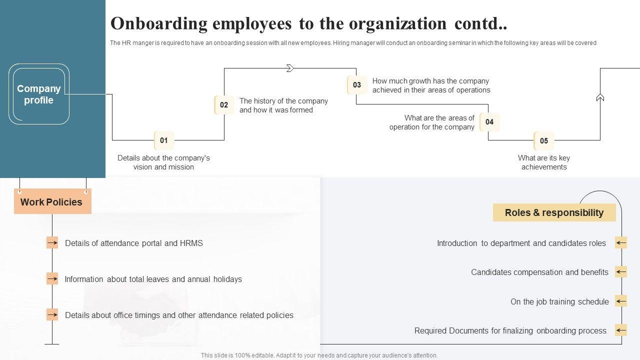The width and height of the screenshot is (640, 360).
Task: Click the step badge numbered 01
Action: click(164, 140)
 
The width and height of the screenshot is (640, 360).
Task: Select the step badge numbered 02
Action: click(224, 105)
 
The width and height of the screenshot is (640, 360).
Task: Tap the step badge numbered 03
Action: click(356, 85)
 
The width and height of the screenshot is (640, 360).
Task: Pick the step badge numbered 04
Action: click(489, 122)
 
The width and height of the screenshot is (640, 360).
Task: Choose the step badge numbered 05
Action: click(544, 141)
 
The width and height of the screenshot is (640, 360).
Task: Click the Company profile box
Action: click(39, 94)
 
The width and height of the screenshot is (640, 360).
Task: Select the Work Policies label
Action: click(52, 202)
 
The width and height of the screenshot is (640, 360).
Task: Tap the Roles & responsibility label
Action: click(554, 212)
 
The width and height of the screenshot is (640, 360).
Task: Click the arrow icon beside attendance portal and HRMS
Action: click(52, 243)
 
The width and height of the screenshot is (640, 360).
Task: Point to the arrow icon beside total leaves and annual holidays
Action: click(52, 278)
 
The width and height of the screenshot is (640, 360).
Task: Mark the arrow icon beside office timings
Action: click(52, 314)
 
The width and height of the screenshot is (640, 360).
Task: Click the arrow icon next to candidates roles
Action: click(621, 243)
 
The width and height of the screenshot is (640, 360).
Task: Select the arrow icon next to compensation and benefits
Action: click(621, 272)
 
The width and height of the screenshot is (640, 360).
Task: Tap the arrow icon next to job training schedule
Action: click(621, 301)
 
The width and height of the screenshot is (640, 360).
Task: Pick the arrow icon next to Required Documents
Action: click(621, 330)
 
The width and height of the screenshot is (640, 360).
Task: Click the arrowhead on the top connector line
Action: click(290, 68)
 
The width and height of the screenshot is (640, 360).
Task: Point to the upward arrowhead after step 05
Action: click(600, 97)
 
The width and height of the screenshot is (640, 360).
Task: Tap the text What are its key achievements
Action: click(544, 162)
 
